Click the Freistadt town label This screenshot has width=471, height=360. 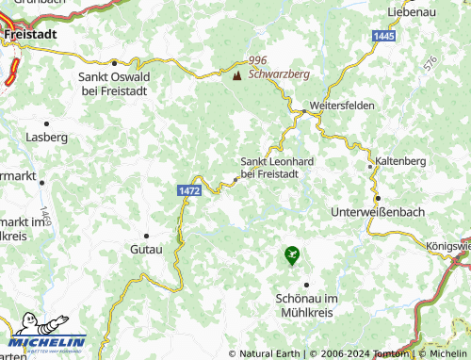31,33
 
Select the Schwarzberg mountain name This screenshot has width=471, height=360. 281,73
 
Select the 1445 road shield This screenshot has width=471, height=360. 383,35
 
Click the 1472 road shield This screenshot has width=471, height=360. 188,190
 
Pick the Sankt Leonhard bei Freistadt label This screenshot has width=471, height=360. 277,167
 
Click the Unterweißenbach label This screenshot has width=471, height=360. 378,212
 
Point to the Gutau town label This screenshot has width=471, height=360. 146,249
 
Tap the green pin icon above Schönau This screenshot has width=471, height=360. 292,254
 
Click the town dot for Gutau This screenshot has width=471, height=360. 146,236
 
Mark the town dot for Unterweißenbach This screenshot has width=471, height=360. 378,199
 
